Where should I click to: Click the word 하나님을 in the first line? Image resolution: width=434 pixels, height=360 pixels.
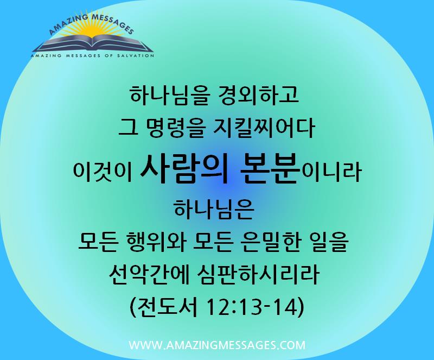(169, 95)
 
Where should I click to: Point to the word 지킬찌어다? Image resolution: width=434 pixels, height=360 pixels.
(264, 128)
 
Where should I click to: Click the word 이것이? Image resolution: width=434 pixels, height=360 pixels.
(103, 172)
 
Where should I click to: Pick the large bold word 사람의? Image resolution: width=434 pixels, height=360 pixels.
(184, 169)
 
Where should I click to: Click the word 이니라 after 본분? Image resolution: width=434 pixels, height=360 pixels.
(331, 172)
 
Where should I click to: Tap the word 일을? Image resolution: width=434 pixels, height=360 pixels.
(329, 242)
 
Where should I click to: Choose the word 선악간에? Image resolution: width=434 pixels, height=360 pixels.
(149, 274)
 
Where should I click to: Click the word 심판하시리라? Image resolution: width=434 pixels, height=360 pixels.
(258, 274)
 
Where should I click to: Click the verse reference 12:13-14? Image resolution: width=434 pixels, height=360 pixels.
(252, 307)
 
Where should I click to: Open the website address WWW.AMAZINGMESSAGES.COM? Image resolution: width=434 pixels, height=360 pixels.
(217, 345)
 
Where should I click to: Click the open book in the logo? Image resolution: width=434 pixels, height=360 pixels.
(93, 44)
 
